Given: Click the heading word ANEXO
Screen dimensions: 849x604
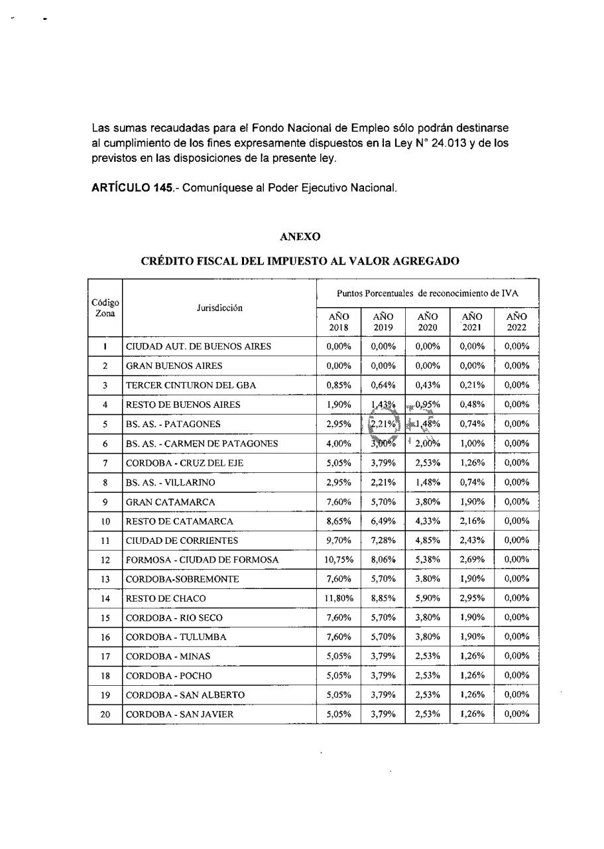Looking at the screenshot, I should click(x=300, y=236).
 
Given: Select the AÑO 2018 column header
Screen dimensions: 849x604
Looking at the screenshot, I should click(x=339, y=322).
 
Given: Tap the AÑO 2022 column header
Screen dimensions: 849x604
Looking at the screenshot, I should click(x=516, y=322).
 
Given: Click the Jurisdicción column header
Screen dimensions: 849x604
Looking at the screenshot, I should click(x=219, y=308).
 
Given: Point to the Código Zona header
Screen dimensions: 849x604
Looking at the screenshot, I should click(x=105, y=308).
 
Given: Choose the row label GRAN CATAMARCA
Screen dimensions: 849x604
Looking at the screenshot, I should click(x=170, y=502).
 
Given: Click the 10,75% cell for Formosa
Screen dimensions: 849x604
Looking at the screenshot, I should click(x=339, y=560).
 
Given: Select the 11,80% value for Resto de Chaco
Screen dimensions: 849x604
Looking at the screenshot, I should click(x=339, y=598).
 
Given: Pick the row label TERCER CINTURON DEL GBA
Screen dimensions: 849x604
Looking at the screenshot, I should click(x=191, y=385).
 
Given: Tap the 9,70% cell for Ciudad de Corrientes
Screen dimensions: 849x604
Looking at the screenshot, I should click(x=339, y=541).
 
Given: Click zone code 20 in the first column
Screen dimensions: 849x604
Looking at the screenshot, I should click(x=105, y=714).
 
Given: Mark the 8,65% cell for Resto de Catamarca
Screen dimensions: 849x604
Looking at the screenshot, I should click(x=339, y=521).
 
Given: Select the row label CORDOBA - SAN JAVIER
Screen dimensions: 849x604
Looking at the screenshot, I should click(x=180, y=714).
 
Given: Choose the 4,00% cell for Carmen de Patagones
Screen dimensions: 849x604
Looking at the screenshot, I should click(x=339, y=444).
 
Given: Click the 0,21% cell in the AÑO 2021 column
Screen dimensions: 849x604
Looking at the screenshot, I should click(x=471, y=385).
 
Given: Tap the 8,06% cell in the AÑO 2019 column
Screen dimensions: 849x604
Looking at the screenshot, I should click(x=383, y=560).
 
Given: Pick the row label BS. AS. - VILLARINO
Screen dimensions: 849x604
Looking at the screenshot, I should click(x=173, y=482).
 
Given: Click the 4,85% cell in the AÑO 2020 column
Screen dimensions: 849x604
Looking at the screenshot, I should click(x=428, y=541).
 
